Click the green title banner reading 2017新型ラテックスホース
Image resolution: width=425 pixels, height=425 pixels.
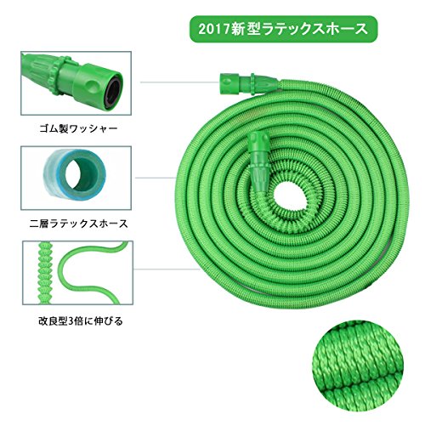[283, 29]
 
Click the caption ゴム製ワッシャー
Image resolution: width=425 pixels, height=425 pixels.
[78, 129]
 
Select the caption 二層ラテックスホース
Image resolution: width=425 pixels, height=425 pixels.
[78, 224]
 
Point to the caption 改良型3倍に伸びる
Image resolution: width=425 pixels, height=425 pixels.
[81, 321]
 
